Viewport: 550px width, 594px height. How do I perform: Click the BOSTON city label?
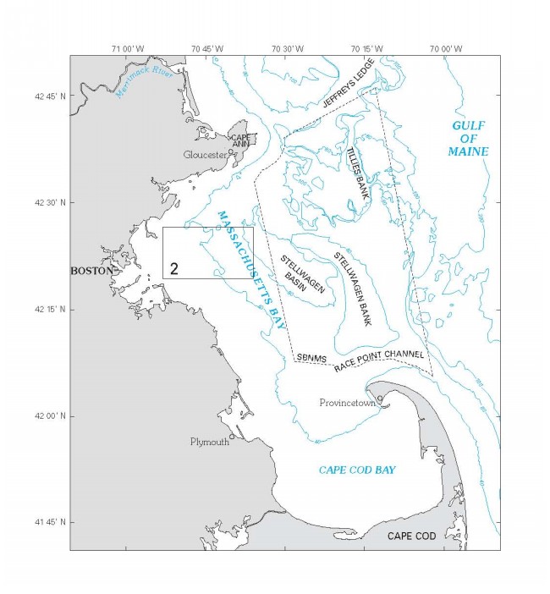pos(91,271)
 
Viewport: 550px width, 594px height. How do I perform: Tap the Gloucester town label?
pos(205,155)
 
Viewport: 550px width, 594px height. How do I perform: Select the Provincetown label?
pos(347,403)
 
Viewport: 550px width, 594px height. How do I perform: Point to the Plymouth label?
pos(208,442)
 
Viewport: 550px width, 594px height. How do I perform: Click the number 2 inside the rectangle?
pos(173,268)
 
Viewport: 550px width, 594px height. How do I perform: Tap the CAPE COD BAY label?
pos(357,469)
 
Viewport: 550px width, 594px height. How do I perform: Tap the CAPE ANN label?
pos(243,140)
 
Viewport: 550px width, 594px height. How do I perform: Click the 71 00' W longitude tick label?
pos(125,48)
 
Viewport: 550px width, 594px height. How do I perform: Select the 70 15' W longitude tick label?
pos(365,48)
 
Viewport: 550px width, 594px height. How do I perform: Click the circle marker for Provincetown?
pos(380,398)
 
